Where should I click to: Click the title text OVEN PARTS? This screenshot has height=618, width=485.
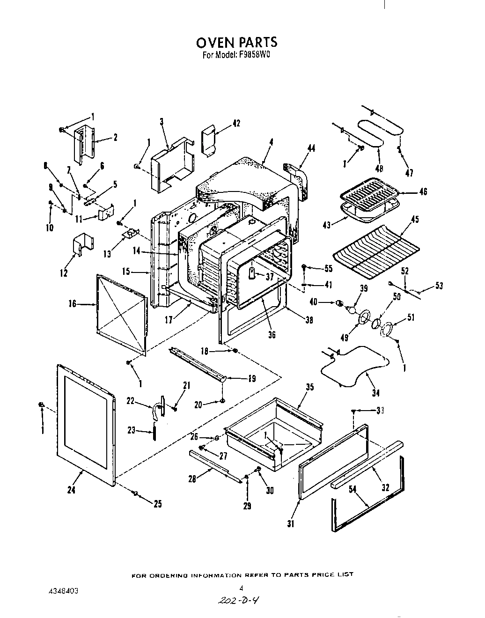coord(236,43)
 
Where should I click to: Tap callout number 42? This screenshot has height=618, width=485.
coord(236,124)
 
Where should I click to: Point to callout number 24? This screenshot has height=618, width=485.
coord(72,490)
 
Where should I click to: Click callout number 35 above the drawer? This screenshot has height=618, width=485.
coord(309,387)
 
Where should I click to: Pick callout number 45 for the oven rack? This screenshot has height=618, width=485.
coord(414,220)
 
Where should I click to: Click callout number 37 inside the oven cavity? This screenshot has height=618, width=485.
coord(269,277)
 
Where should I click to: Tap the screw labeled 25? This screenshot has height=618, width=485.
coord(135,493)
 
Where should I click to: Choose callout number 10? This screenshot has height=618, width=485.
coord(50,228)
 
